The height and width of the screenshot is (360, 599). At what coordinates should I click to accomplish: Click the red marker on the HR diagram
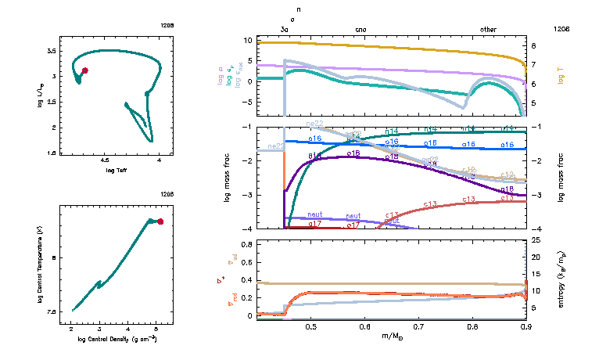(85, 70)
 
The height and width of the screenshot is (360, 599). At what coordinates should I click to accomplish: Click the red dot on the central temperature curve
(160, 221)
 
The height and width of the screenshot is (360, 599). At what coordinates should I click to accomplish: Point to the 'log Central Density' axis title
(117, 340)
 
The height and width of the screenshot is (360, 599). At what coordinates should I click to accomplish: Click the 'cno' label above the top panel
(360, 29)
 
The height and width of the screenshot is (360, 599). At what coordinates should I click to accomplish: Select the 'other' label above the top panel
(488, 29)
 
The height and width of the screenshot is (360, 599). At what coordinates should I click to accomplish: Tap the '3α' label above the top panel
(285, 29)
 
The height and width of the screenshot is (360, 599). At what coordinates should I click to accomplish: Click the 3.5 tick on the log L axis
(52, 50)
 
